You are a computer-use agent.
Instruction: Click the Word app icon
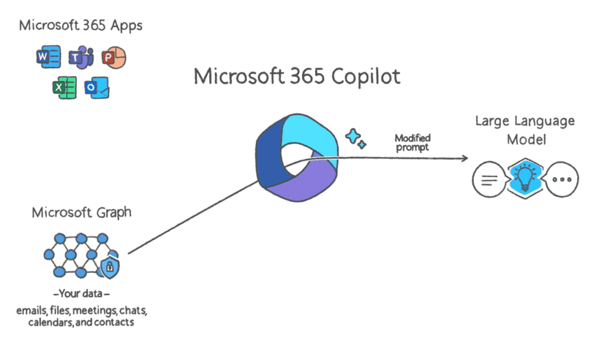(x=49, y=57)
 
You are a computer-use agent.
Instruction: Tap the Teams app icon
(x=81, y=57)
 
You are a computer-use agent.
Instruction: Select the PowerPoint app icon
(x=114, y=58)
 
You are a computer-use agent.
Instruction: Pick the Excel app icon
(x=64, y=88)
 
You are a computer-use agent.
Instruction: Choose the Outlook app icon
(x=97, y=88)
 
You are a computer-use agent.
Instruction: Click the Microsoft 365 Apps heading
(x=80, y=26)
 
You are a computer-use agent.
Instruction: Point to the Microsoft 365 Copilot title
(x=297, y=76)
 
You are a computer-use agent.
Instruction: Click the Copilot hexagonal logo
(x=297, y=157)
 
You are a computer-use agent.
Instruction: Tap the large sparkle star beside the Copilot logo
(x=353, y=136)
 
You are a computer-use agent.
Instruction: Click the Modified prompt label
(x=412, y=142)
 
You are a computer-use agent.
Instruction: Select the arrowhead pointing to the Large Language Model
(x=465, y=158)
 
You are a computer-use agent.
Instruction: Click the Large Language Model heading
(x=525, y=130)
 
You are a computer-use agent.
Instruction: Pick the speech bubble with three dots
(x=562, y=179)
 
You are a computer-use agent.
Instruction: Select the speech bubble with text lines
(x=490, y=179)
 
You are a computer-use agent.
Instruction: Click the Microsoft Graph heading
(x=82, y=213)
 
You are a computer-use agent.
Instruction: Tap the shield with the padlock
(x=110, y=267)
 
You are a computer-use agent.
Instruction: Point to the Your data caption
(x=81, y=293)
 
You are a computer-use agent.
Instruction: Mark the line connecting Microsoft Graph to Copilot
(x=194, y=217)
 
